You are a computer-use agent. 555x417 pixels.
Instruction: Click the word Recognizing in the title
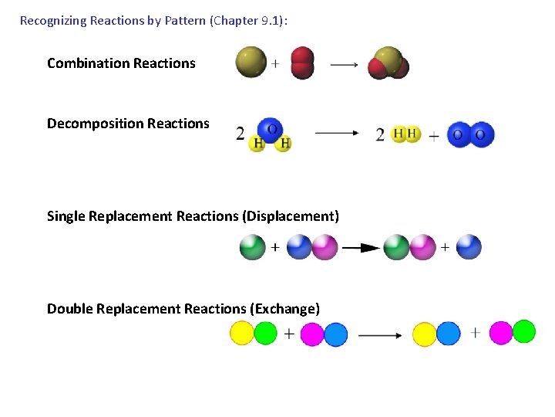point(53,21)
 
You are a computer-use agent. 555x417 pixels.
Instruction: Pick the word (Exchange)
point(284,309)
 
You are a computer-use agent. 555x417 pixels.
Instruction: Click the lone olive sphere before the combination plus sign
point(251,63)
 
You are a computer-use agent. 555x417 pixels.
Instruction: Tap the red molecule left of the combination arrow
point(302,63)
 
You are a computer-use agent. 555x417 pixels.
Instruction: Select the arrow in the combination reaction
point(344,65)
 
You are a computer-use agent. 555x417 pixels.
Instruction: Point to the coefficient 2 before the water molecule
point(240,134)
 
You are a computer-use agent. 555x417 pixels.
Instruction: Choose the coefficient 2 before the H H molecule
point(380,134)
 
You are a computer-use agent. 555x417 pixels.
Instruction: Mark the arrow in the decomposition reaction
point(337,133)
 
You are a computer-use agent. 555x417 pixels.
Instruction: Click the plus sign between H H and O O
point(434,136)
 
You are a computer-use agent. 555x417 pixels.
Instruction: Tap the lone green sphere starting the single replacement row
point(252,247)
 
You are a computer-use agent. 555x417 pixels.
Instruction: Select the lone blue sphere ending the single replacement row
point(469,247)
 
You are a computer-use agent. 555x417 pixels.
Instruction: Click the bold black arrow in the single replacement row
point(360,248)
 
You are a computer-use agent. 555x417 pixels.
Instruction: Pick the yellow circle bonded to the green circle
point(242,334)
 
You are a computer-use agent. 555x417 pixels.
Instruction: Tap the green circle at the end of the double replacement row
point(524,331)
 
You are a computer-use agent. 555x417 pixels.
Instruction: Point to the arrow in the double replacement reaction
point(380,335)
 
